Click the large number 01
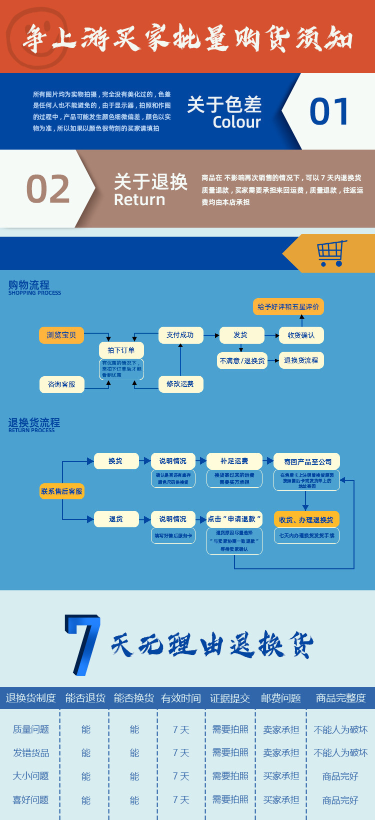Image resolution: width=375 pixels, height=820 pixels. click(x=329, y=111)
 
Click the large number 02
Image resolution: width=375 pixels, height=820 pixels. click(x=48, y=189)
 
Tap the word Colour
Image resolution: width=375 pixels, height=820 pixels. click(x=236, y=122)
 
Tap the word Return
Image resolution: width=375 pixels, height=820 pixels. click(x=139, y=200)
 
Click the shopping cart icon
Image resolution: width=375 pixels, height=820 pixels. click(x=331, y=253)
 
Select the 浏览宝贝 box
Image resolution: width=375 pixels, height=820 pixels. click(x=61, y=335)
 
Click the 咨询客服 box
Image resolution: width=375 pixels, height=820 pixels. click(x=61, y=384)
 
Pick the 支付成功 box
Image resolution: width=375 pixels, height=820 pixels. click(x=180, y=335)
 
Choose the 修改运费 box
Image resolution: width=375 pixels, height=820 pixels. click(x=180, y=384)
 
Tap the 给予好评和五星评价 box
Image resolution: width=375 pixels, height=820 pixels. click(x=288, y=307)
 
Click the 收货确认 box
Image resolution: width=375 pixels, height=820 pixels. click(x=301, y=335)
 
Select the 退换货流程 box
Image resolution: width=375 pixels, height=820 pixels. click(x=301, y=360)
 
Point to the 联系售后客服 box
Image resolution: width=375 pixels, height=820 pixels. click(x=61, y=491)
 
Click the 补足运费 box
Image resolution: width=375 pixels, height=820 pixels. click(x=234, y=461)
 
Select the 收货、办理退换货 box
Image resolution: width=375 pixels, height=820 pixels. click(x=306, y=520)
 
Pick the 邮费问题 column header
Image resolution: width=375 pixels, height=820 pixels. click(x=280, y=698)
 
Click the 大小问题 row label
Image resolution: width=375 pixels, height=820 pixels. click(x=30, y=776)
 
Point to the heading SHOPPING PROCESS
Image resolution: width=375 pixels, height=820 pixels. click(x=34, y=293)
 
